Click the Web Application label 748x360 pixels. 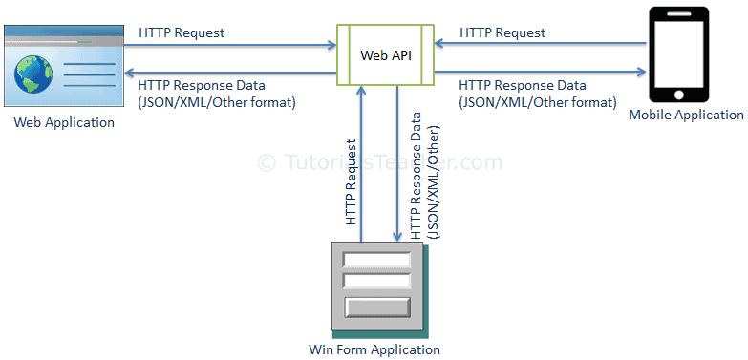[x=64, y=122]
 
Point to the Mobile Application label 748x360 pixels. [x=686, y=115]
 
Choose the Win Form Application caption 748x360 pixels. [x=375, y=349]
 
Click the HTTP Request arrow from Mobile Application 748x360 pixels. [x=541, y=44]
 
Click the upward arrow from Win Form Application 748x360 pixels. [x=359, y=162]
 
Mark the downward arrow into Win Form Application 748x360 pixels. [x=397, y=162]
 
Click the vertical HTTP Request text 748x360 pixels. [x=351, y=182]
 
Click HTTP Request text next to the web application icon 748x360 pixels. [x=182, y=32]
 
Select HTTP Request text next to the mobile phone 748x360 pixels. [x=502, y=32]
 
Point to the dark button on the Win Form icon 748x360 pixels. [x=375, y=307]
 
